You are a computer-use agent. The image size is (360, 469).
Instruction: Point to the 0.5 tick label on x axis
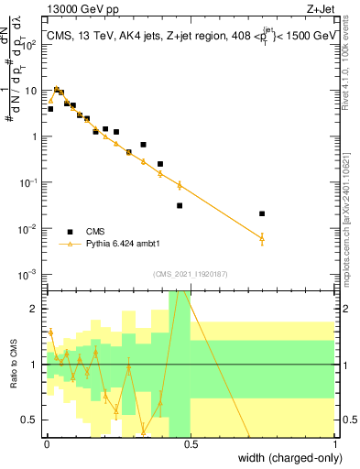pyautogui.click(x=191, y=443)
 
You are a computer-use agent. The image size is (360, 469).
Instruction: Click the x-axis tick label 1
pyautogui.click(x=334, y=443)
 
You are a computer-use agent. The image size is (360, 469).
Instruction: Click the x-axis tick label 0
pyautogui.click(x=47, y=443)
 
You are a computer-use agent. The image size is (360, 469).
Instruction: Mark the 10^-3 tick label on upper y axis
pyautogui.click(x=28, y=274)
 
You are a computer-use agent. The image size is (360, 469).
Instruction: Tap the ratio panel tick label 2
pyautogui.click(x=35, y=309)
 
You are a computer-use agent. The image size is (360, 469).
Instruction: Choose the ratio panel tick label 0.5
pyautogui.click(x=30, y=420)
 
